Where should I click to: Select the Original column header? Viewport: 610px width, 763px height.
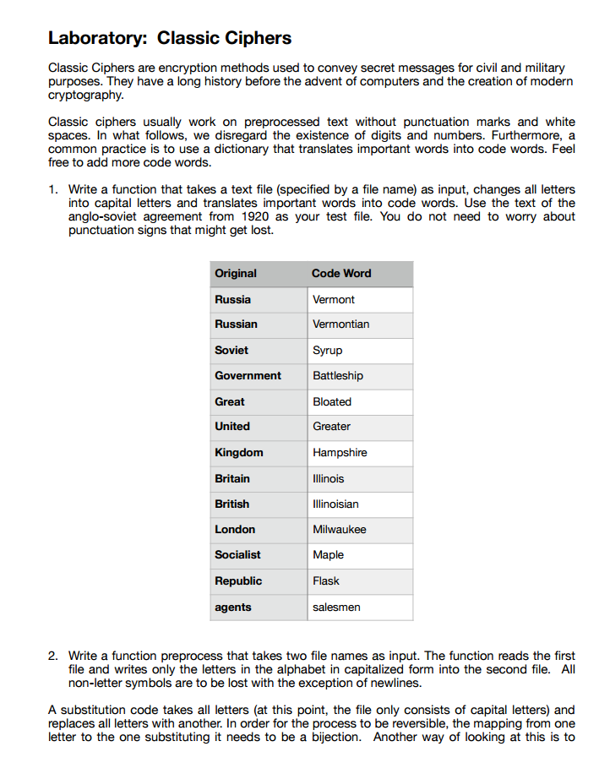(236, 273)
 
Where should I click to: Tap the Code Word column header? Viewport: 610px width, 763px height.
(341, 273)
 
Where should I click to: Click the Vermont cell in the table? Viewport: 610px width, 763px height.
(334, 299)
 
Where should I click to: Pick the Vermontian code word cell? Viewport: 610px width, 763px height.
(340, 324)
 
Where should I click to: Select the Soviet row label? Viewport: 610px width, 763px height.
(231, 350)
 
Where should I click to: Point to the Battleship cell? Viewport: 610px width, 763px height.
(338, 375)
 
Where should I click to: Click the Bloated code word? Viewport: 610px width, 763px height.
(332, 401)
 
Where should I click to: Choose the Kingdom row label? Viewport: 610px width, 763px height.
(239, 452)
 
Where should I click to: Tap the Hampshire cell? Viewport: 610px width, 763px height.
(340, 452)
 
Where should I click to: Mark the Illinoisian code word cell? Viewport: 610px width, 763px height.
(335, 504)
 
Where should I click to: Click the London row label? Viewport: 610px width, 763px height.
(235, 529)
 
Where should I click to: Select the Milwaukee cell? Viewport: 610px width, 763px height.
(340, 529)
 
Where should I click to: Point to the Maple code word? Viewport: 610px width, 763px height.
(328, 554)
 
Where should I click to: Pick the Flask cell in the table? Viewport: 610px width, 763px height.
(326, 580)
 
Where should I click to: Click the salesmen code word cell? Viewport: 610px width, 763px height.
(336, 607)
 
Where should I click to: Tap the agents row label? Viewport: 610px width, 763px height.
(233, 607)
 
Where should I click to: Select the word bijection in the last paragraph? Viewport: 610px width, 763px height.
(339, 737)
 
